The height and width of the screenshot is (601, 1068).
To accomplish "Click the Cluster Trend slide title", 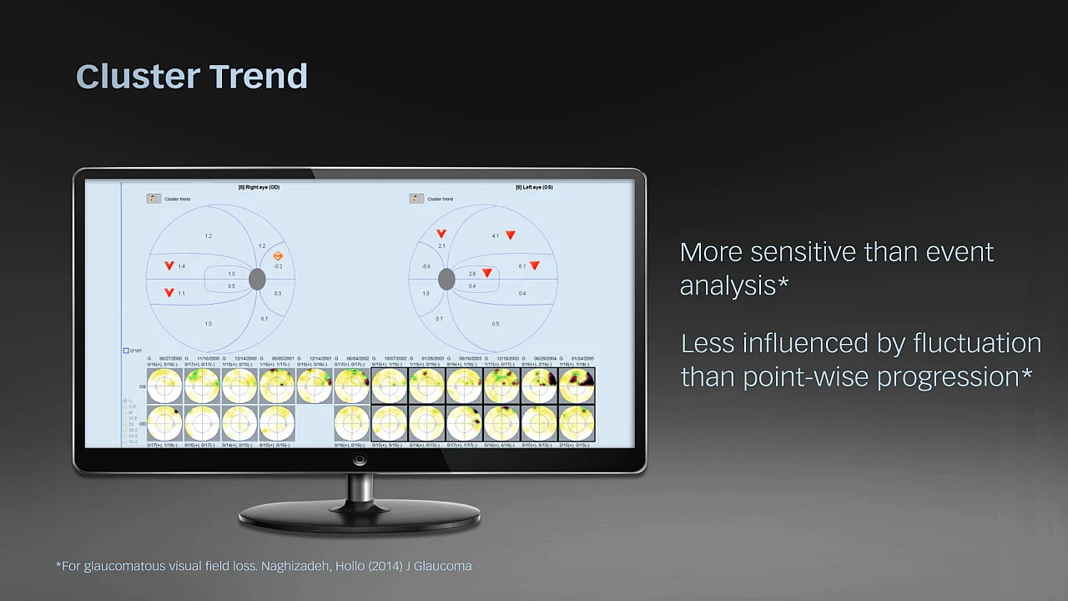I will point(192,76).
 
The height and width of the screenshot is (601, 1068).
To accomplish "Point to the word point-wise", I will point(806,376).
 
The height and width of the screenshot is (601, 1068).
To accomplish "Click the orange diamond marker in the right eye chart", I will point(278,256).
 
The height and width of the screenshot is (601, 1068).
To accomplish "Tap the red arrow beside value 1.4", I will point(169,265).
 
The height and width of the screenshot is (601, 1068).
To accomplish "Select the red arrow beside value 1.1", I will point(169,293).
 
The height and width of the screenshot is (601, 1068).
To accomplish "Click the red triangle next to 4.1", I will point(510,235).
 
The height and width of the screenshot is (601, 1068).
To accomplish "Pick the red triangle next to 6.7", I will point(535,265).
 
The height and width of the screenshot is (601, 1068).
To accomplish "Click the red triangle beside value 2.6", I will point(486,273).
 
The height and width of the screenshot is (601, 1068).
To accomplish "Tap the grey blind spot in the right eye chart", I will point(257,280).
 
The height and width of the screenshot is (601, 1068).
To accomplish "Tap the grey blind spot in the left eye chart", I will point(446,280).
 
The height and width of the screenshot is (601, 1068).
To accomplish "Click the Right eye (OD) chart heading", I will point(259,187).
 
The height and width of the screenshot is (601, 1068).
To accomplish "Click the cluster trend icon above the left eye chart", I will point(416,199).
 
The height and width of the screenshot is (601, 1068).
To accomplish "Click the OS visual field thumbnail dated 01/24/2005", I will point(577,386).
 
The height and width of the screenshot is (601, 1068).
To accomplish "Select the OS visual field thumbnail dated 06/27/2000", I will point(164,386).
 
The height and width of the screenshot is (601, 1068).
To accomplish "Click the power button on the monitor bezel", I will point(360,460).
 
